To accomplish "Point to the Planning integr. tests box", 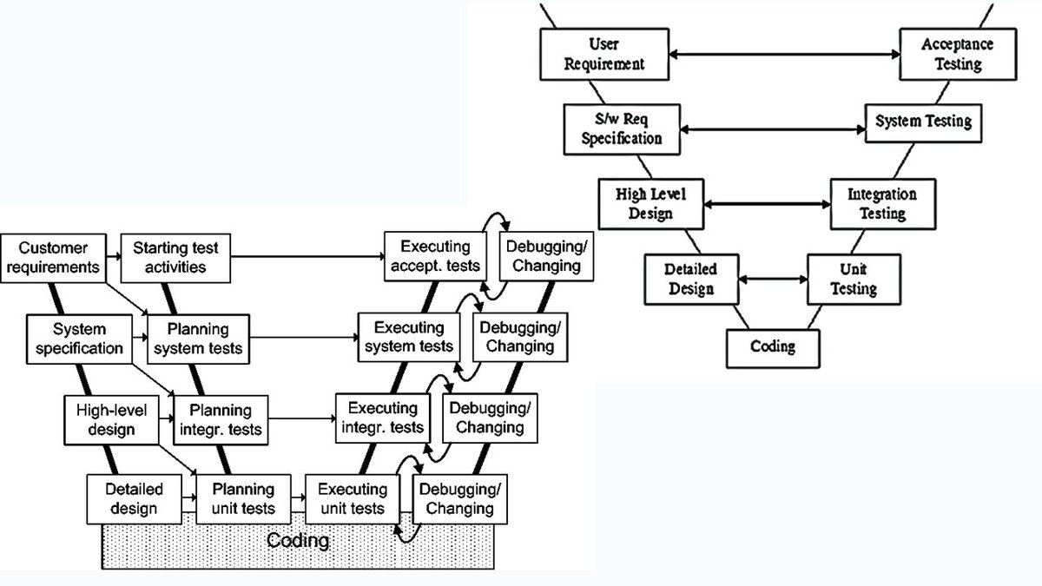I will [220, 418].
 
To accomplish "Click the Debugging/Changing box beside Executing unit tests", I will [459, 498].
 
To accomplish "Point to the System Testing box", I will [923, 121].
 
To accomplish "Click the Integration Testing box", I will [880, 203].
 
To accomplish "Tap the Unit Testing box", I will [853, 279].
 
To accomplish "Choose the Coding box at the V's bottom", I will [773, 346].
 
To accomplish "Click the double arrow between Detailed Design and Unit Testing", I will [773, 279].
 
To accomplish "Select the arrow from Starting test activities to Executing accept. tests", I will [308, 256].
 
